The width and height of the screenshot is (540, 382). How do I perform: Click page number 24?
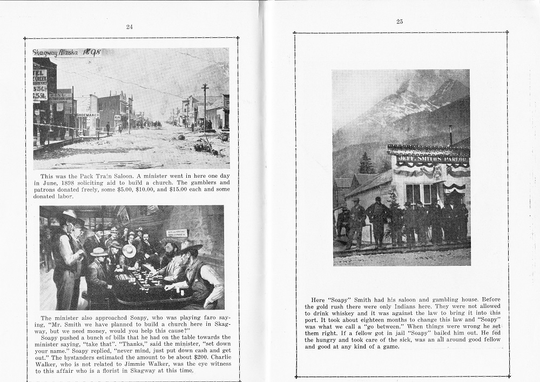(x=129, y=26)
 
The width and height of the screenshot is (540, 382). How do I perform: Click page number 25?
(x=400, y=22)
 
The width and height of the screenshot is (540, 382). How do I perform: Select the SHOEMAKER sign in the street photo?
(x=87, y=115)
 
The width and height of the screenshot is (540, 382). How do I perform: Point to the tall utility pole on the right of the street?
(x=205, y=105)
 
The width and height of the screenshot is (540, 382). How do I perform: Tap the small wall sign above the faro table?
(x=177, y=232)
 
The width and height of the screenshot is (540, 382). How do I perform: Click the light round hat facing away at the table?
(x=130, y=251)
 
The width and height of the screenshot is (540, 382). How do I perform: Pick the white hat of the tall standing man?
(x=69, y=214)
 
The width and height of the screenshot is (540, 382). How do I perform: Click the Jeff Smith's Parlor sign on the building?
(x=432, y=159)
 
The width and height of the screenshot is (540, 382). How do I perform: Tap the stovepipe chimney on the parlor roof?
(x=450, y=135)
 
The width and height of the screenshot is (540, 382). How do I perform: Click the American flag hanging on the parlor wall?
(x=385, y=190)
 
